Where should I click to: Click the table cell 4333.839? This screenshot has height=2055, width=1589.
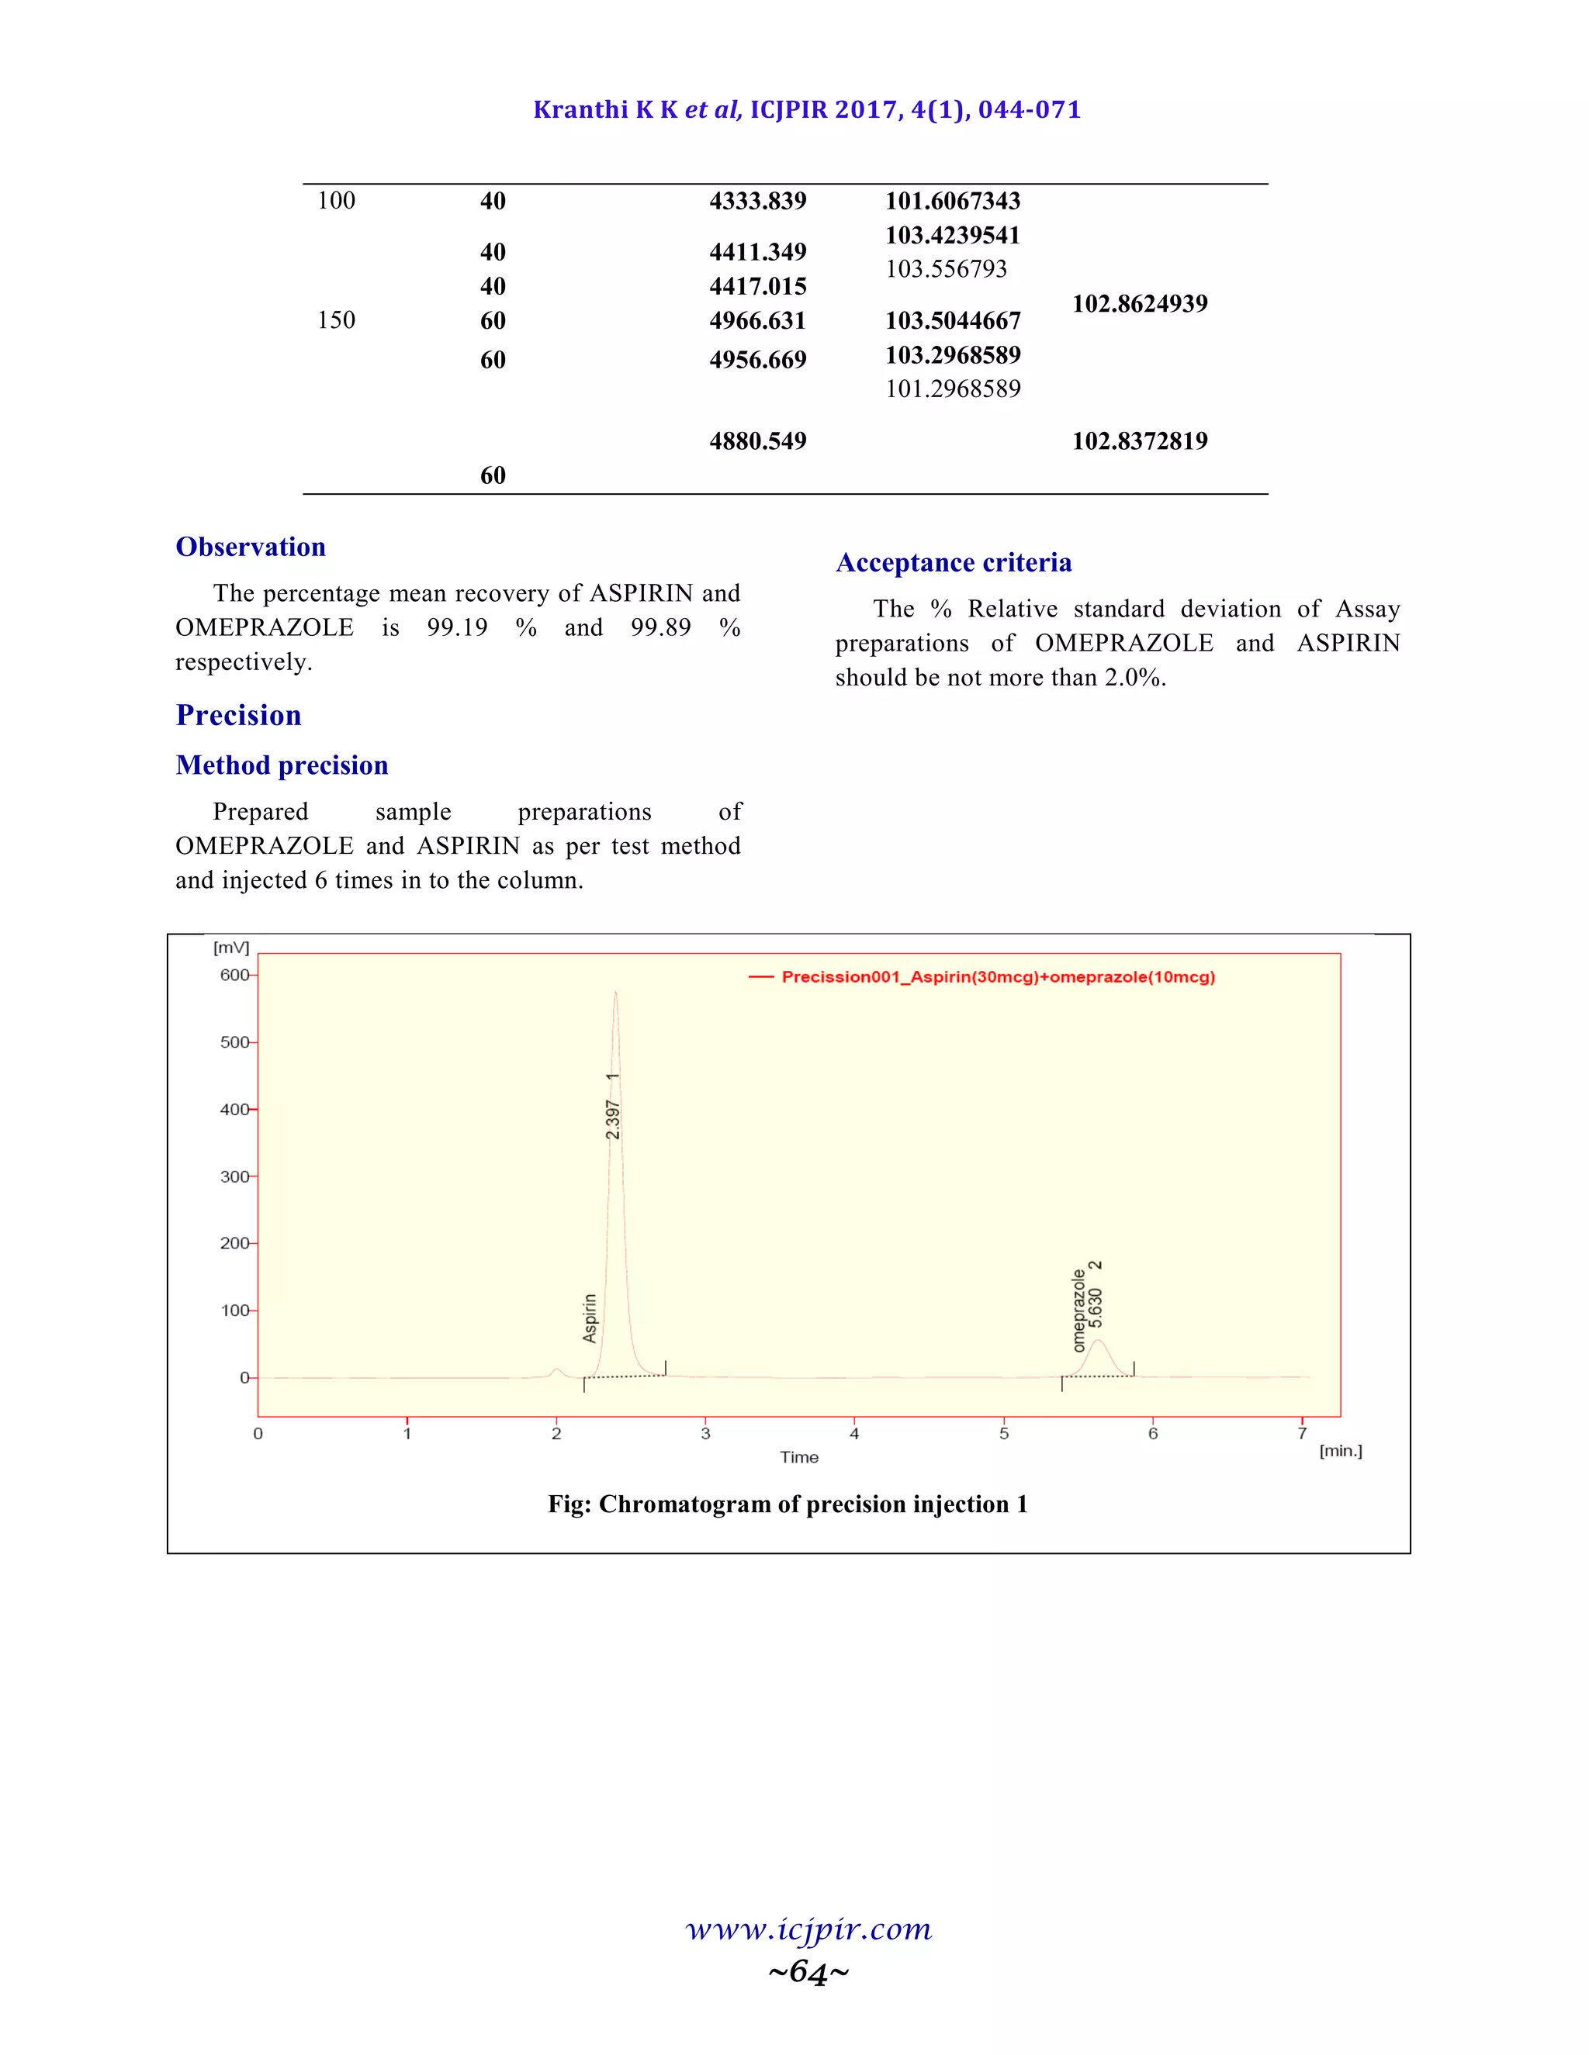click(x=758, y=202)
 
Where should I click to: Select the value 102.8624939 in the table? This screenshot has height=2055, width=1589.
click(x=1139, y=304)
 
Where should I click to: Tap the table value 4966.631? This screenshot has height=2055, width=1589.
click(x=758, y=321)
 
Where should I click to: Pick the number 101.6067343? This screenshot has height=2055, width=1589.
click(x=953, y=202)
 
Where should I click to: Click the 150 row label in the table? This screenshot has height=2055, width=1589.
click(x=336, y=321)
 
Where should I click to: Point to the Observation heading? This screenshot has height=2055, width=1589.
click(x=251, y=547)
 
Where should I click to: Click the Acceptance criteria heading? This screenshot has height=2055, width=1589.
click(x=954, y=563)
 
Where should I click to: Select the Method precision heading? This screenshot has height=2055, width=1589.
click(x=282, y=765)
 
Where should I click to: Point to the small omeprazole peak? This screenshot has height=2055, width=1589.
click(x=1096, y=1342)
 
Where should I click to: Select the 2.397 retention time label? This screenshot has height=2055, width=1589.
click(x=613, y=1120)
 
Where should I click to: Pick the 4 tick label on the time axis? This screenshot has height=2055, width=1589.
click(x=853, y=1434)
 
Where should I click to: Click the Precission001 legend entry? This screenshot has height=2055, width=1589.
click(x=998, y=976)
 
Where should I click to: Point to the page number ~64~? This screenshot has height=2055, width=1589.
click(x=808, y=1971)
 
